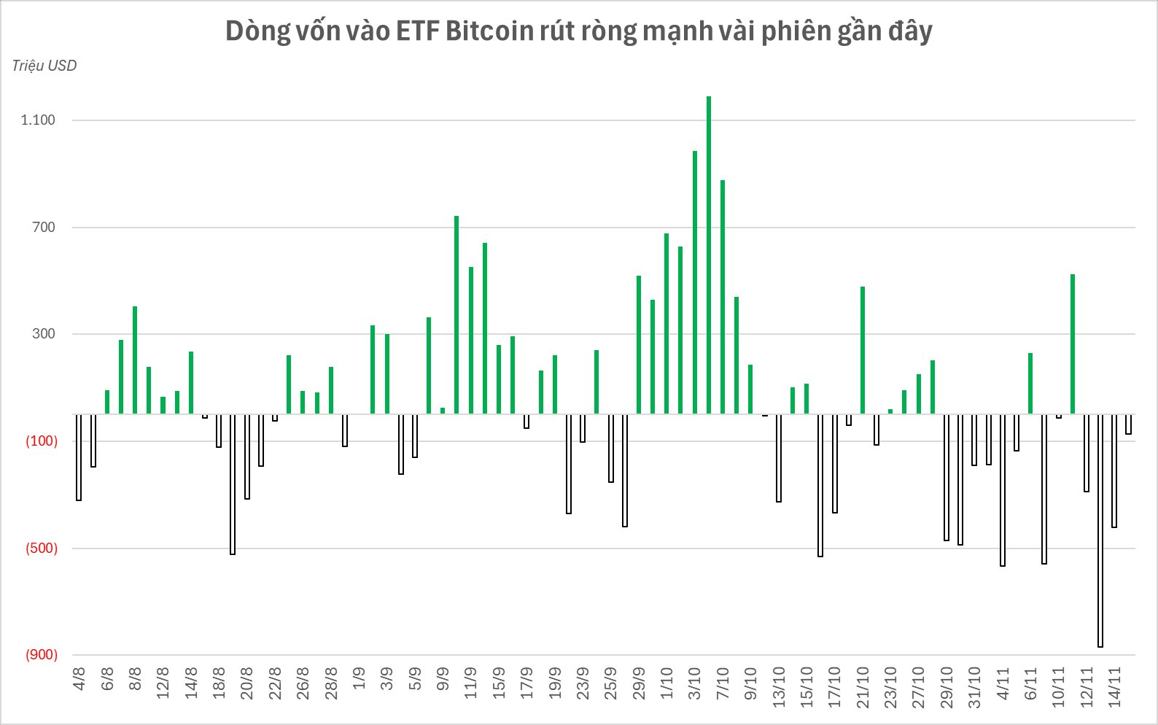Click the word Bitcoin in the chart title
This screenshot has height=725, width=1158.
tap(489, 31)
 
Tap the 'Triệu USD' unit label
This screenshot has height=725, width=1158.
tap(44, 66)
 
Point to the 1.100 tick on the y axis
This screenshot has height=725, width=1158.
tap(38, 120)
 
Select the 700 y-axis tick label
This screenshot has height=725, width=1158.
tap(44, 228)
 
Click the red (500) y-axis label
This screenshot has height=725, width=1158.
tap(42, 548)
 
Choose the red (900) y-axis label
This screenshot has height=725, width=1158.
tap(42, 655)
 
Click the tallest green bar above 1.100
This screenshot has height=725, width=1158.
tap(709, 255)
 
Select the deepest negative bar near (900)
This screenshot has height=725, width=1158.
tap(1100, 531)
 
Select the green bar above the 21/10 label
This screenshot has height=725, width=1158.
tap(863, 350)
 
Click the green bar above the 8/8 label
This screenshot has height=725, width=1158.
tap(135, 360)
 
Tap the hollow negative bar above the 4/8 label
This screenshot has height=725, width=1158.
tap(79, 457)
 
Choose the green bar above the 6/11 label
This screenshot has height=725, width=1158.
tap(1030, 384)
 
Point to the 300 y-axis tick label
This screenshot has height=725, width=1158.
tap(44, 334)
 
